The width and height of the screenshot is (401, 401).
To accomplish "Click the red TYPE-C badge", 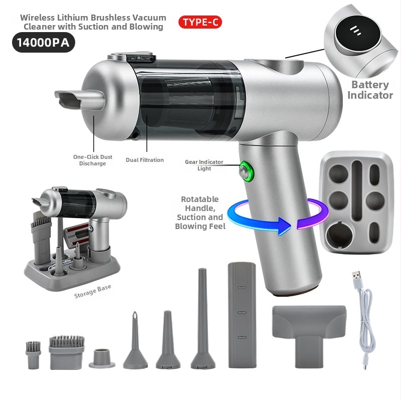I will coord(200,22).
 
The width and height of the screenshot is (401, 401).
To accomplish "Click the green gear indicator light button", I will coord(246,171).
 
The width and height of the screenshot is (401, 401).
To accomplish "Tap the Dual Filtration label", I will coord(145,160).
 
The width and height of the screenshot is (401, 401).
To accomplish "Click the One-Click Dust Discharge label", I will coord(92,160).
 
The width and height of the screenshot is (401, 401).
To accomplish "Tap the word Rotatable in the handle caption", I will coord(200,199).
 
